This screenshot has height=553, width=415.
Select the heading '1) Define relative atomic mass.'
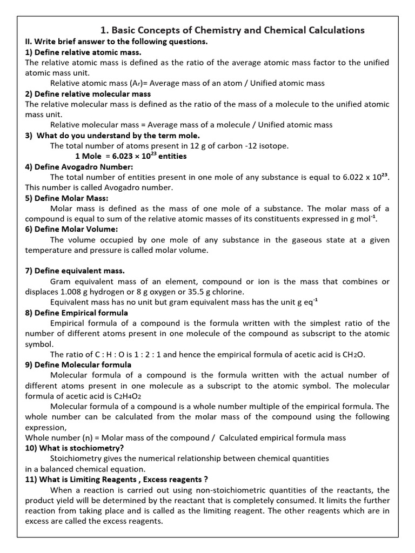[83, 52]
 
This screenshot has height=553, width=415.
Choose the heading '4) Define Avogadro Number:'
[79, 167]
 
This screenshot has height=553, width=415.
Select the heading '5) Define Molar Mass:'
[66, 198]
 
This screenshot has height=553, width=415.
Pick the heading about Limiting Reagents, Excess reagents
[116, 480]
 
